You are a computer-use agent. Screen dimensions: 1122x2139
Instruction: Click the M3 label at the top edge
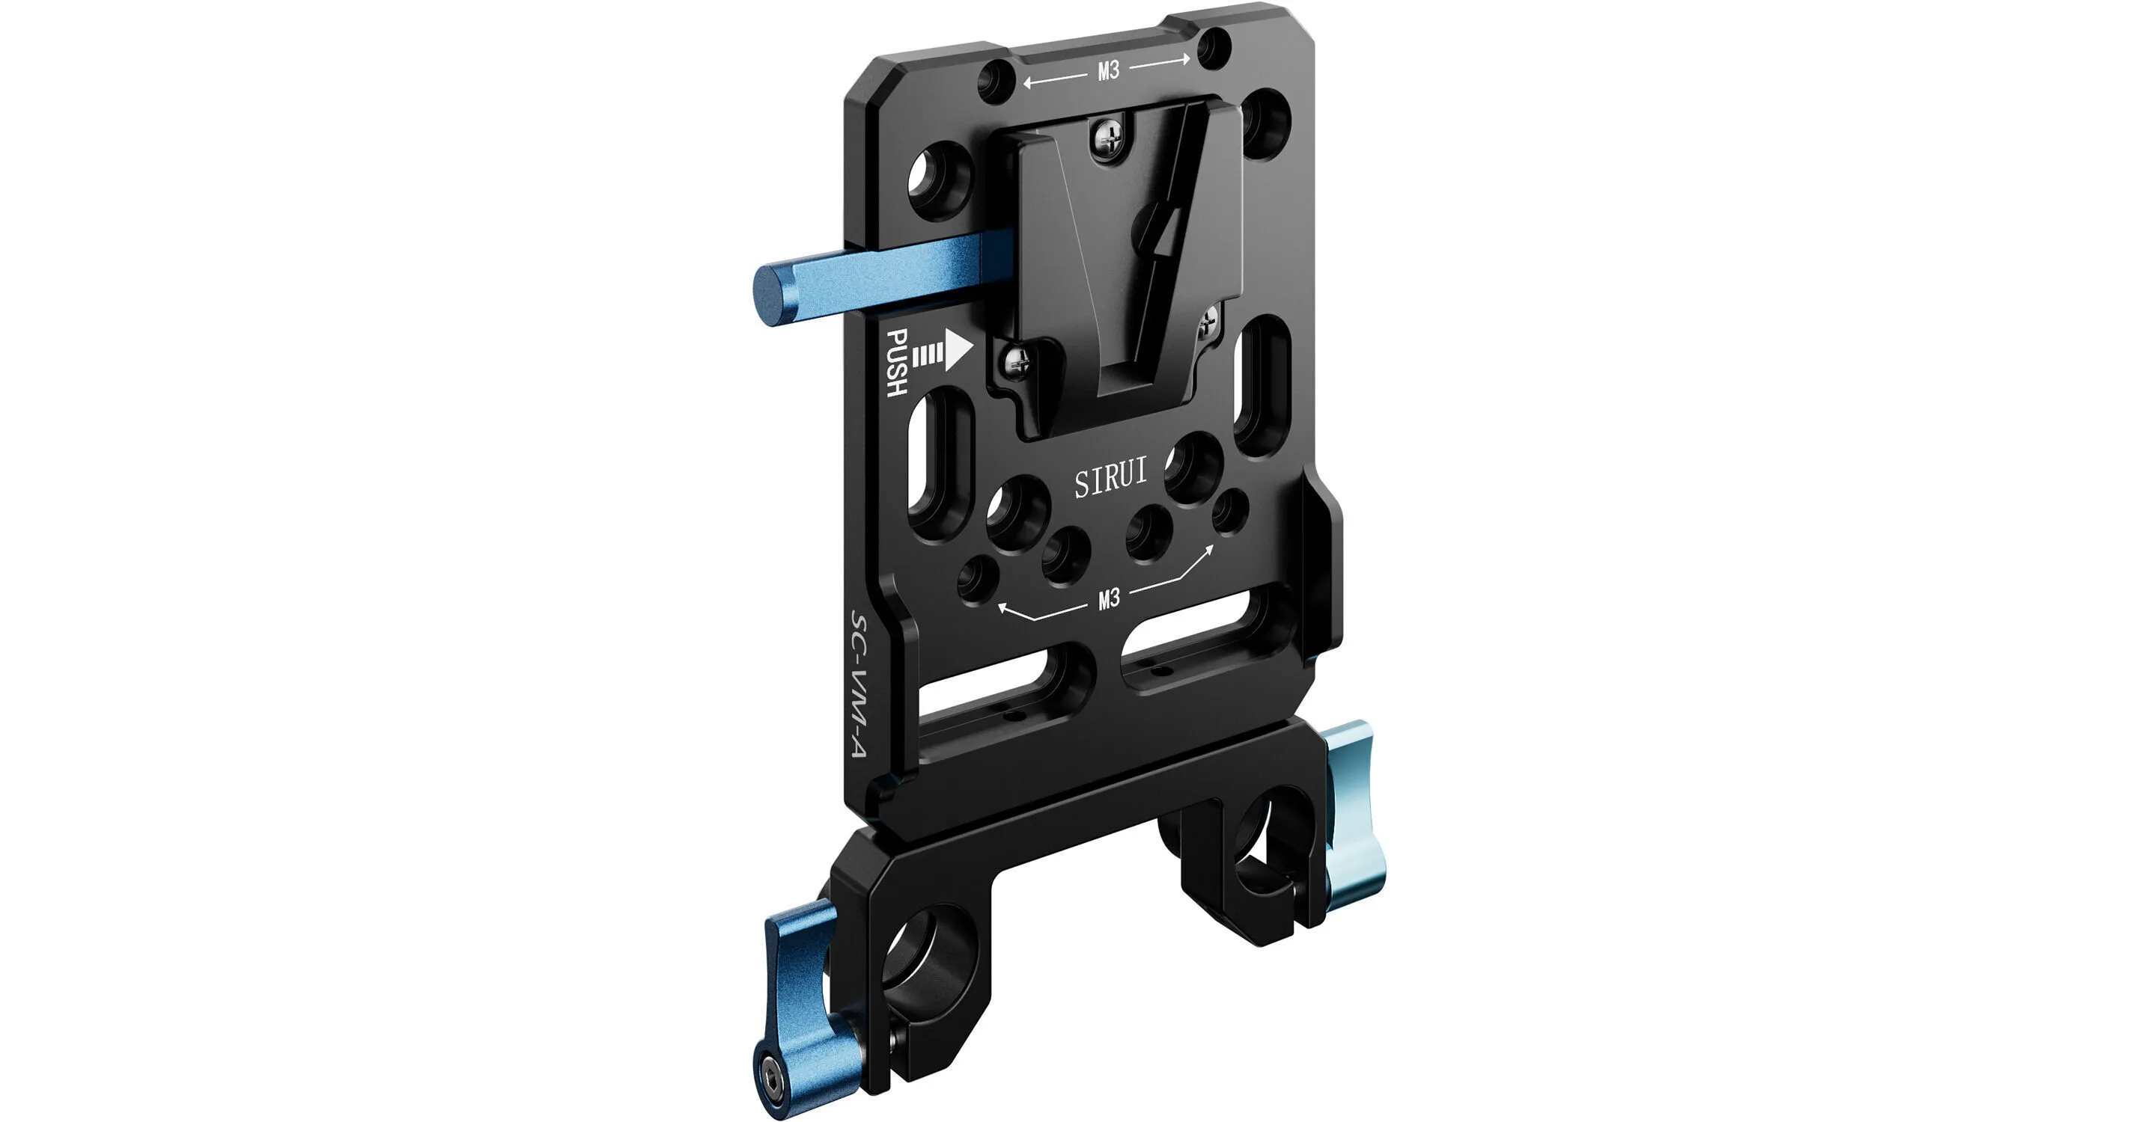click(x=1109, y=71)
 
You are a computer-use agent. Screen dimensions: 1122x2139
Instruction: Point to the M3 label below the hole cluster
click(x=1109, y=598)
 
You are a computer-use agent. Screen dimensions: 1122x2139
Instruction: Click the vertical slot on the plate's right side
click(x=1259, y=382)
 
